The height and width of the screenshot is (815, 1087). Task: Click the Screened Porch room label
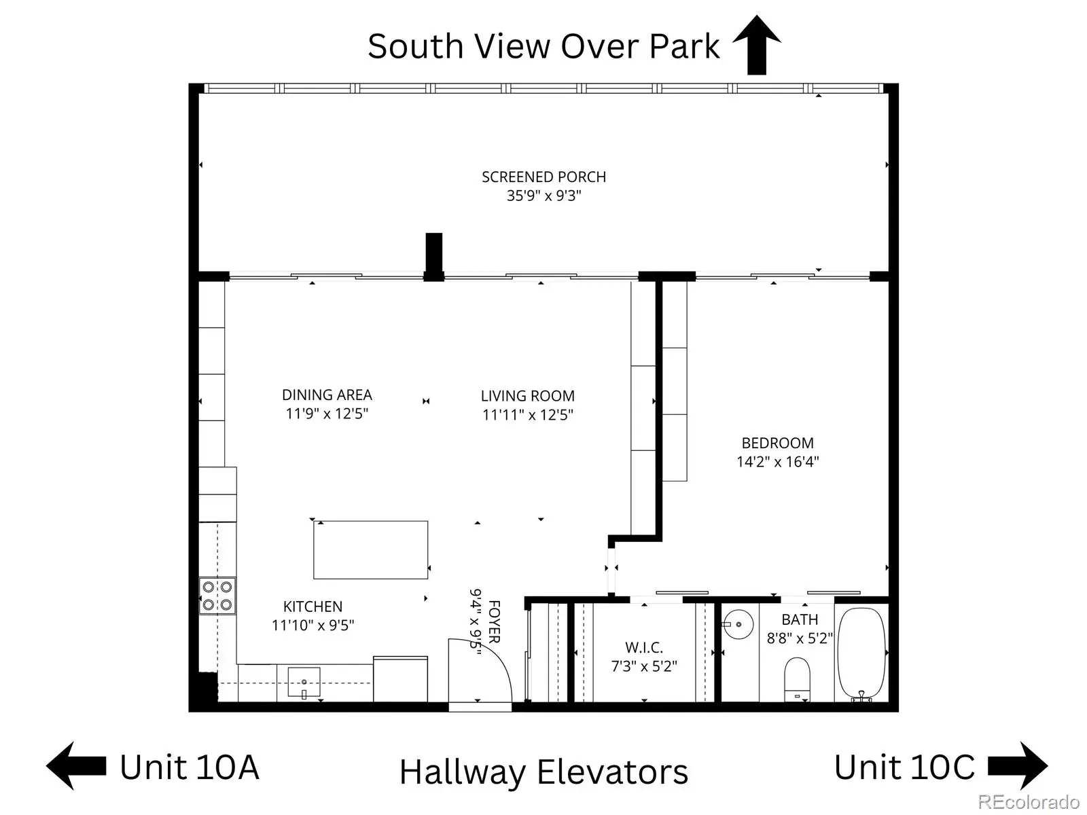(x=543, y=177)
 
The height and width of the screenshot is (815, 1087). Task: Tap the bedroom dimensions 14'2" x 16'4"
(x=777, y=462)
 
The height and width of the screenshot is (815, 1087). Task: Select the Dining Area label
(x=327, y=395)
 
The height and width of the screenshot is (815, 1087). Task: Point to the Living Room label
(x=527, y=396)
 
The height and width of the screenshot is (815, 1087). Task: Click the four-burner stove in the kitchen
(x=217, y=596)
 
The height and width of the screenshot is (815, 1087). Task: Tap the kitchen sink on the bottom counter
(x=304, y=683)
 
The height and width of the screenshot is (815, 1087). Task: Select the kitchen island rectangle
(x=370, y=549)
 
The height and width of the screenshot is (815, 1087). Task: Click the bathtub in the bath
(x=861, y=654)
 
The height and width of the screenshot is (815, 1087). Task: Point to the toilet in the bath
(x=797, y=679)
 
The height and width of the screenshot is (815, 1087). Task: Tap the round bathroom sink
(x=738, y=624)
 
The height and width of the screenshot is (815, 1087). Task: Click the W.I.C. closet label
(x=644, y=647)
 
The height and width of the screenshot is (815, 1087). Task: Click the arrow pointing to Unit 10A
(x=76, y=765)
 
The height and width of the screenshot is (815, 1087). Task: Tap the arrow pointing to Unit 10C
(x=1017, y=765)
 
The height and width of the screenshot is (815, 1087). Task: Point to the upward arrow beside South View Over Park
(x=756, y=45)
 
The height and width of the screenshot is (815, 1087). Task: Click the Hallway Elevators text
(x=543, y=772)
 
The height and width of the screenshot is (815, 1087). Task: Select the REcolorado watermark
(x=1029, y=801)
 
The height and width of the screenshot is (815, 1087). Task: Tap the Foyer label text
(x=494, y=621)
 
